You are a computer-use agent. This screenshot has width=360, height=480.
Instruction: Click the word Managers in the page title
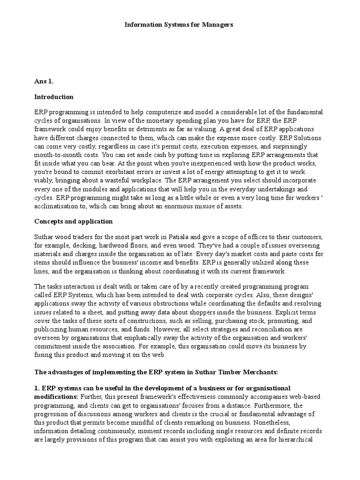point(217,24)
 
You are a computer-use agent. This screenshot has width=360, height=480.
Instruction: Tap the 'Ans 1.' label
point(44,81)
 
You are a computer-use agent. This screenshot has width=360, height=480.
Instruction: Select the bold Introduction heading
point(54,97)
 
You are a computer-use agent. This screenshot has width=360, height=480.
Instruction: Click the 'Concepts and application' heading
point(73,221)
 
